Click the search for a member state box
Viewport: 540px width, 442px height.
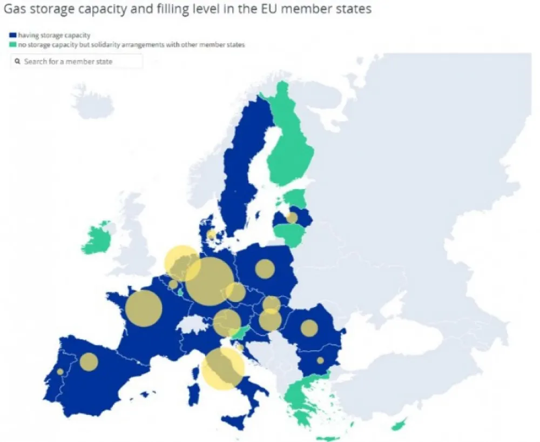[x=76, y=62]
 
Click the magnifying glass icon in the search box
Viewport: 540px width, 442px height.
[x=18, y=62]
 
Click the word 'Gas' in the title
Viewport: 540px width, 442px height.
[x=16, y=10]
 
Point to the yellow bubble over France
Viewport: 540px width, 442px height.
[x=144, y=309]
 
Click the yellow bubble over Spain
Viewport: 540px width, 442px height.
[x=89, y=361]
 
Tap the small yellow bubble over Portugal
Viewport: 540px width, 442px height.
[x=60, y=372]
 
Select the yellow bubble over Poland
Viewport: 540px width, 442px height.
[x=265, y=269]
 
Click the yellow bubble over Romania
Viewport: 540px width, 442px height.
[x=309, y=328]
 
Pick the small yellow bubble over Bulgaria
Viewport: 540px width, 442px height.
[x=320, y=360]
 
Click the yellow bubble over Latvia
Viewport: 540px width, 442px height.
[x=292, y=218]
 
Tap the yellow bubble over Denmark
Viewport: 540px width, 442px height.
[x=212, y=235]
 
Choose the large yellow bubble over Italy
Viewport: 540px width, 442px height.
[x=222, y=368]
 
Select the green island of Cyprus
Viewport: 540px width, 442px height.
[x=399, y=426]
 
